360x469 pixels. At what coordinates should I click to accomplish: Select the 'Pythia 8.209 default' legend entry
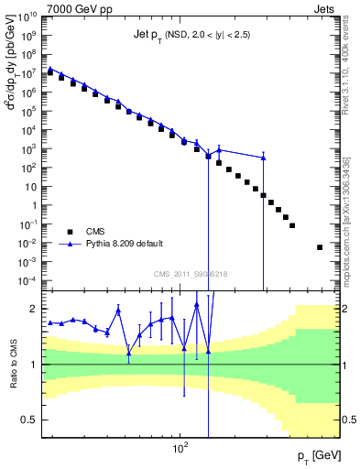(125, 244)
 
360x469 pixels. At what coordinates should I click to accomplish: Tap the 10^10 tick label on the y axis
(27, 17)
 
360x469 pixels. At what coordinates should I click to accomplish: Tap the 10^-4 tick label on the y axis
(27, 279)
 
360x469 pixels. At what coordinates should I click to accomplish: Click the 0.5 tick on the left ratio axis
(30, 420)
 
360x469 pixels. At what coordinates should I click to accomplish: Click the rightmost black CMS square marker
(320, 247)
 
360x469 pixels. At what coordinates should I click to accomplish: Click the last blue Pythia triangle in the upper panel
(264, 158)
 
